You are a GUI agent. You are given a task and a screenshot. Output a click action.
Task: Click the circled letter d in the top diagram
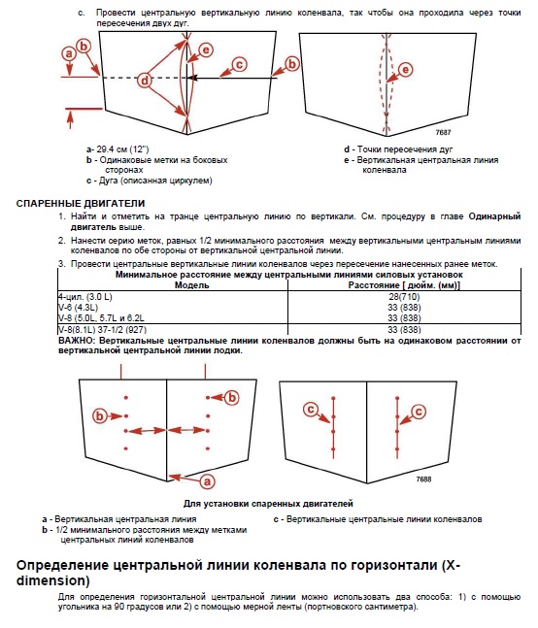click(145, 81)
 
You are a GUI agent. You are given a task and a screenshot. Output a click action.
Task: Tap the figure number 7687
click(444, 132)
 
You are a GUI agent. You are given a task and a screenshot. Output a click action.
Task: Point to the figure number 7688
click(423, 479)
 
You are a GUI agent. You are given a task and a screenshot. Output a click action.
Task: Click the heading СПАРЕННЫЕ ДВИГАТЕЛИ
click(81, 204)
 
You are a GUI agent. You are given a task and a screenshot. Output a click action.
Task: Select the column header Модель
click(192, 285)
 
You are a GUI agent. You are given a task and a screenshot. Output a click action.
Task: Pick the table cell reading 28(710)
click(404, 297)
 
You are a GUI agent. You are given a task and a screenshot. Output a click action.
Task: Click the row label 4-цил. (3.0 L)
click(84, 297)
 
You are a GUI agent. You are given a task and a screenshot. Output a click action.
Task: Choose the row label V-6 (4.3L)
click(78, 307)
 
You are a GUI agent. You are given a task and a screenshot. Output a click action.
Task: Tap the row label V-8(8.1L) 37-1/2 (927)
click(103, 330)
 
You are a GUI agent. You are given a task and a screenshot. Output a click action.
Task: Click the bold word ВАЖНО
click(77, 341)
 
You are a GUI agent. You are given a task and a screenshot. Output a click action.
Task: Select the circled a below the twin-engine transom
click(207, 481)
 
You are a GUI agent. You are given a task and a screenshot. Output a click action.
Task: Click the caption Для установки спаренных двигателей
click(268, 504)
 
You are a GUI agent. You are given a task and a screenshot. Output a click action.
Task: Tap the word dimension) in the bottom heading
click(52, 580)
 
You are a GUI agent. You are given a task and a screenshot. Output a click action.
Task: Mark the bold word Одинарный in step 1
click(494, 216)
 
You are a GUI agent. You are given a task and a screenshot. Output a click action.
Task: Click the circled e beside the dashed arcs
click(405, 70)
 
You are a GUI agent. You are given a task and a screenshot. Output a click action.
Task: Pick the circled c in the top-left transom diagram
click(240, 64)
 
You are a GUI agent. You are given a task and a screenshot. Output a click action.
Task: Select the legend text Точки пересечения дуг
click(405, 149)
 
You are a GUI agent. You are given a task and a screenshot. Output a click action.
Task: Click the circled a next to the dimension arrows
click(69, 53)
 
